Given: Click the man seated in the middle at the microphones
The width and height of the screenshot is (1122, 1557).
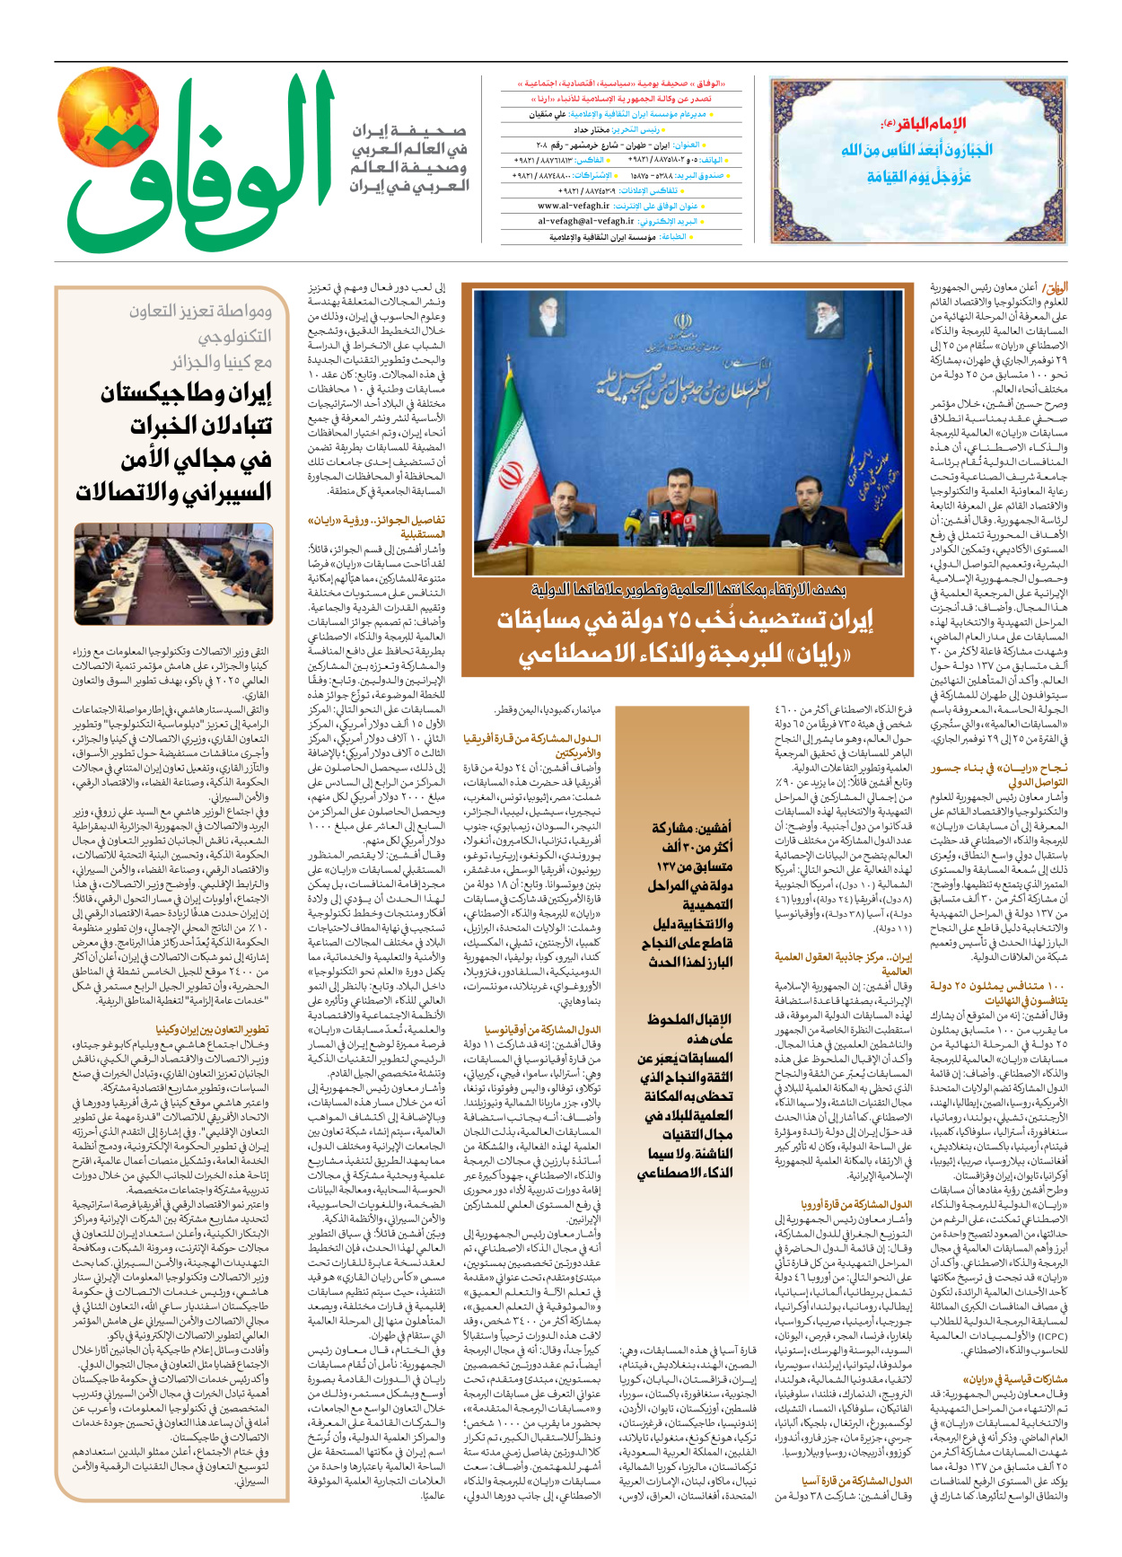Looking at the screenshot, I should pos(680,508).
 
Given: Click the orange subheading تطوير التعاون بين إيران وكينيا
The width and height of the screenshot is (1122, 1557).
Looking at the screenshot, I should pos(212,1030).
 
